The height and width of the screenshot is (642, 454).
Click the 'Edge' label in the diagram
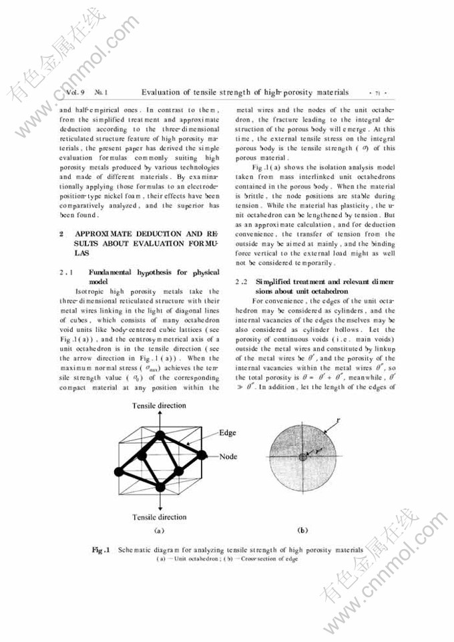228,433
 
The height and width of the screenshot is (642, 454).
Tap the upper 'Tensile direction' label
159,406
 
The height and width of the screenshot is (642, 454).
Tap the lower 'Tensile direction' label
159,517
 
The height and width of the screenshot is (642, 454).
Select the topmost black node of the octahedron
160,436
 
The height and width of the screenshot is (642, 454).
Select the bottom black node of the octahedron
160,483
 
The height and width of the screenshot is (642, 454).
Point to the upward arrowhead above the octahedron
160,415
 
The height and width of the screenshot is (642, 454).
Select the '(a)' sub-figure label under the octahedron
159,530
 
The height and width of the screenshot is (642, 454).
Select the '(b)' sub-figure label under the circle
303,530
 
